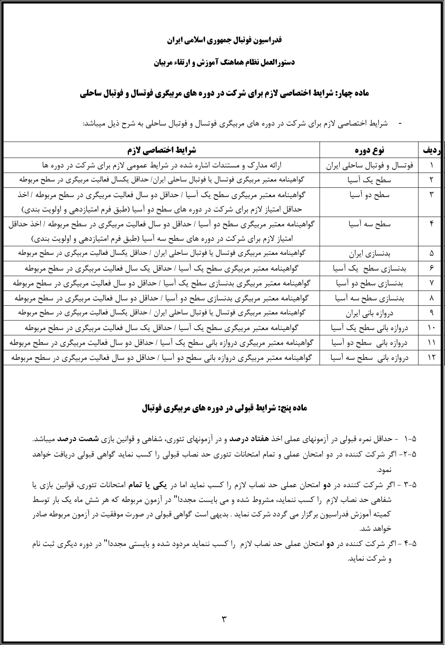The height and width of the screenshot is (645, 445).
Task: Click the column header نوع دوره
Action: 369,150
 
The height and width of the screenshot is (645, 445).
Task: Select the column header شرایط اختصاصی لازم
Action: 162,150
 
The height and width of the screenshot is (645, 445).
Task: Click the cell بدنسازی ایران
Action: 369,254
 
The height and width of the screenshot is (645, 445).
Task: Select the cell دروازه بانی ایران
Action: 369,313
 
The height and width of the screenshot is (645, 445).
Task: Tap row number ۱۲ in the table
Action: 431,358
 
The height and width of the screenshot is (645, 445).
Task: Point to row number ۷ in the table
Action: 431,283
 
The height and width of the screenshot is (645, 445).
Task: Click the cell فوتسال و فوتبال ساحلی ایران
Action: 369,166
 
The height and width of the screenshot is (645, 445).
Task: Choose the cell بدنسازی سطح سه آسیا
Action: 369,298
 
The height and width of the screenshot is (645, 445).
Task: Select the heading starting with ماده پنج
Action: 224,408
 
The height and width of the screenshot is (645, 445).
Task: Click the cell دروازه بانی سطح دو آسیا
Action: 369,343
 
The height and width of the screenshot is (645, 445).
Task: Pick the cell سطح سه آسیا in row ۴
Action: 369,224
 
